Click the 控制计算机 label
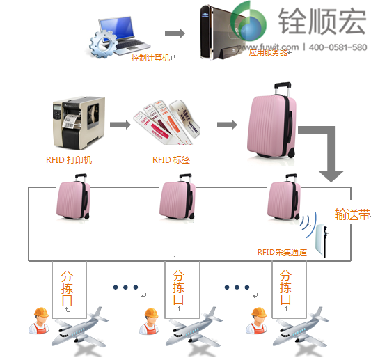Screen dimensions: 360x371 pos(150,58)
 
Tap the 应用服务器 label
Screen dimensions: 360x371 pos(267,52)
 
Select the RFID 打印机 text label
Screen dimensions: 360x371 pos(70,159)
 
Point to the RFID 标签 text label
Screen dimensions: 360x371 pos(171,159)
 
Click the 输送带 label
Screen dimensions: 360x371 pos(352,214)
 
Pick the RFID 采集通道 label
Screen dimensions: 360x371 pos(281,252)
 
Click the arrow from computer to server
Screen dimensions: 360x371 pos(175,33)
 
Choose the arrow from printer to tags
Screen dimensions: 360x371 pos(120,125)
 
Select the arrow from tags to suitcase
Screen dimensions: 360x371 pos(225,125)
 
